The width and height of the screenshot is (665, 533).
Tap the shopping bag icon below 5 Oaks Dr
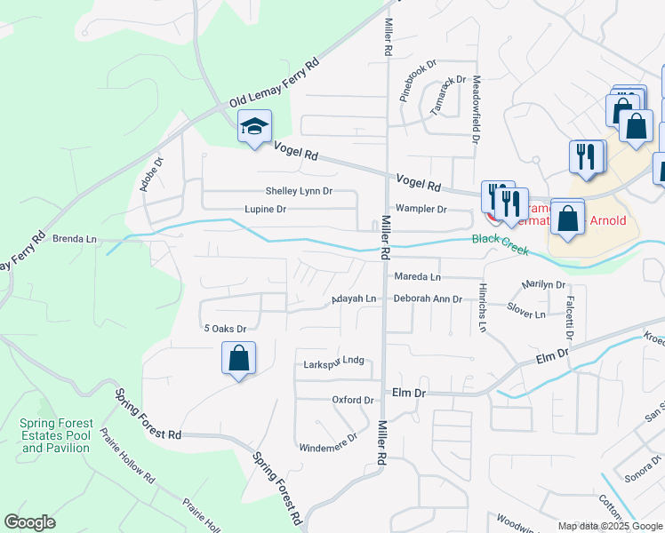pyautogui.click(x=238, y=360)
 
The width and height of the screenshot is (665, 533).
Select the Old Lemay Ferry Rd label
pyautogui.click(x=273, y=84)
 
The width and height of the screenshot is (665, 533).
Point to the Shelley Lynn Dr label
pyautogui.click(x=299, y=191)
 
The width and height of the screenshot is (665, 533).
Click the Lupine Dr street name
pyautogui.click(x=265, y=210)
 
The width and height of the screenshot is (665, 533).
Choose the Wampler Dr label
pyautogui.click(x=421, y=210)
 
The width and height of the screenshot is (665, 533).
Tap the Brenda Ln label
pyautogui.click(x=75, y=239)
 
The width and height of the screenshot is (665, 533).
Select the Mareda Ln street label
pyautogui.click(x=417, y=277)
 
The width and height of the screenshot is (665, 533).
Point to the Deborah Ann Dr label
pyautogui.click(x=428, y=299)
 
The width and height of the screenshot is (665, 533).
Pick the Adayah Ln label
pyautogui.click(x=354, y=299)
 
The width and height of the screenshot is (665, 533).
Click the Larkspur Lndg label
pyautogui.click(x=334, y=362)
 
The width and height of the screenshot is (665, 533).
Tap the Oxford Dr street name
pyautogui.click(x=352, y=400)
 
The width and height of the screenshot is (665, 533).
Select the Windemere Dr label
pyautogui.click(x=328, y=437)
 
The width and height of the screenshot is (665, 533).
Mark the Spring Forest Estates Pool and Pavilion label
pyautogui.click(x=55, y=435)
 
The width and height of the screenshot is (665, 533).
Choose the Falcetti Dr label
pyautogui.click(x=567, y=315)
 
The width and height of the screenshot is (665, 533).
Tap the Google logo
pyautogui.click(x=29, y=522)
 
